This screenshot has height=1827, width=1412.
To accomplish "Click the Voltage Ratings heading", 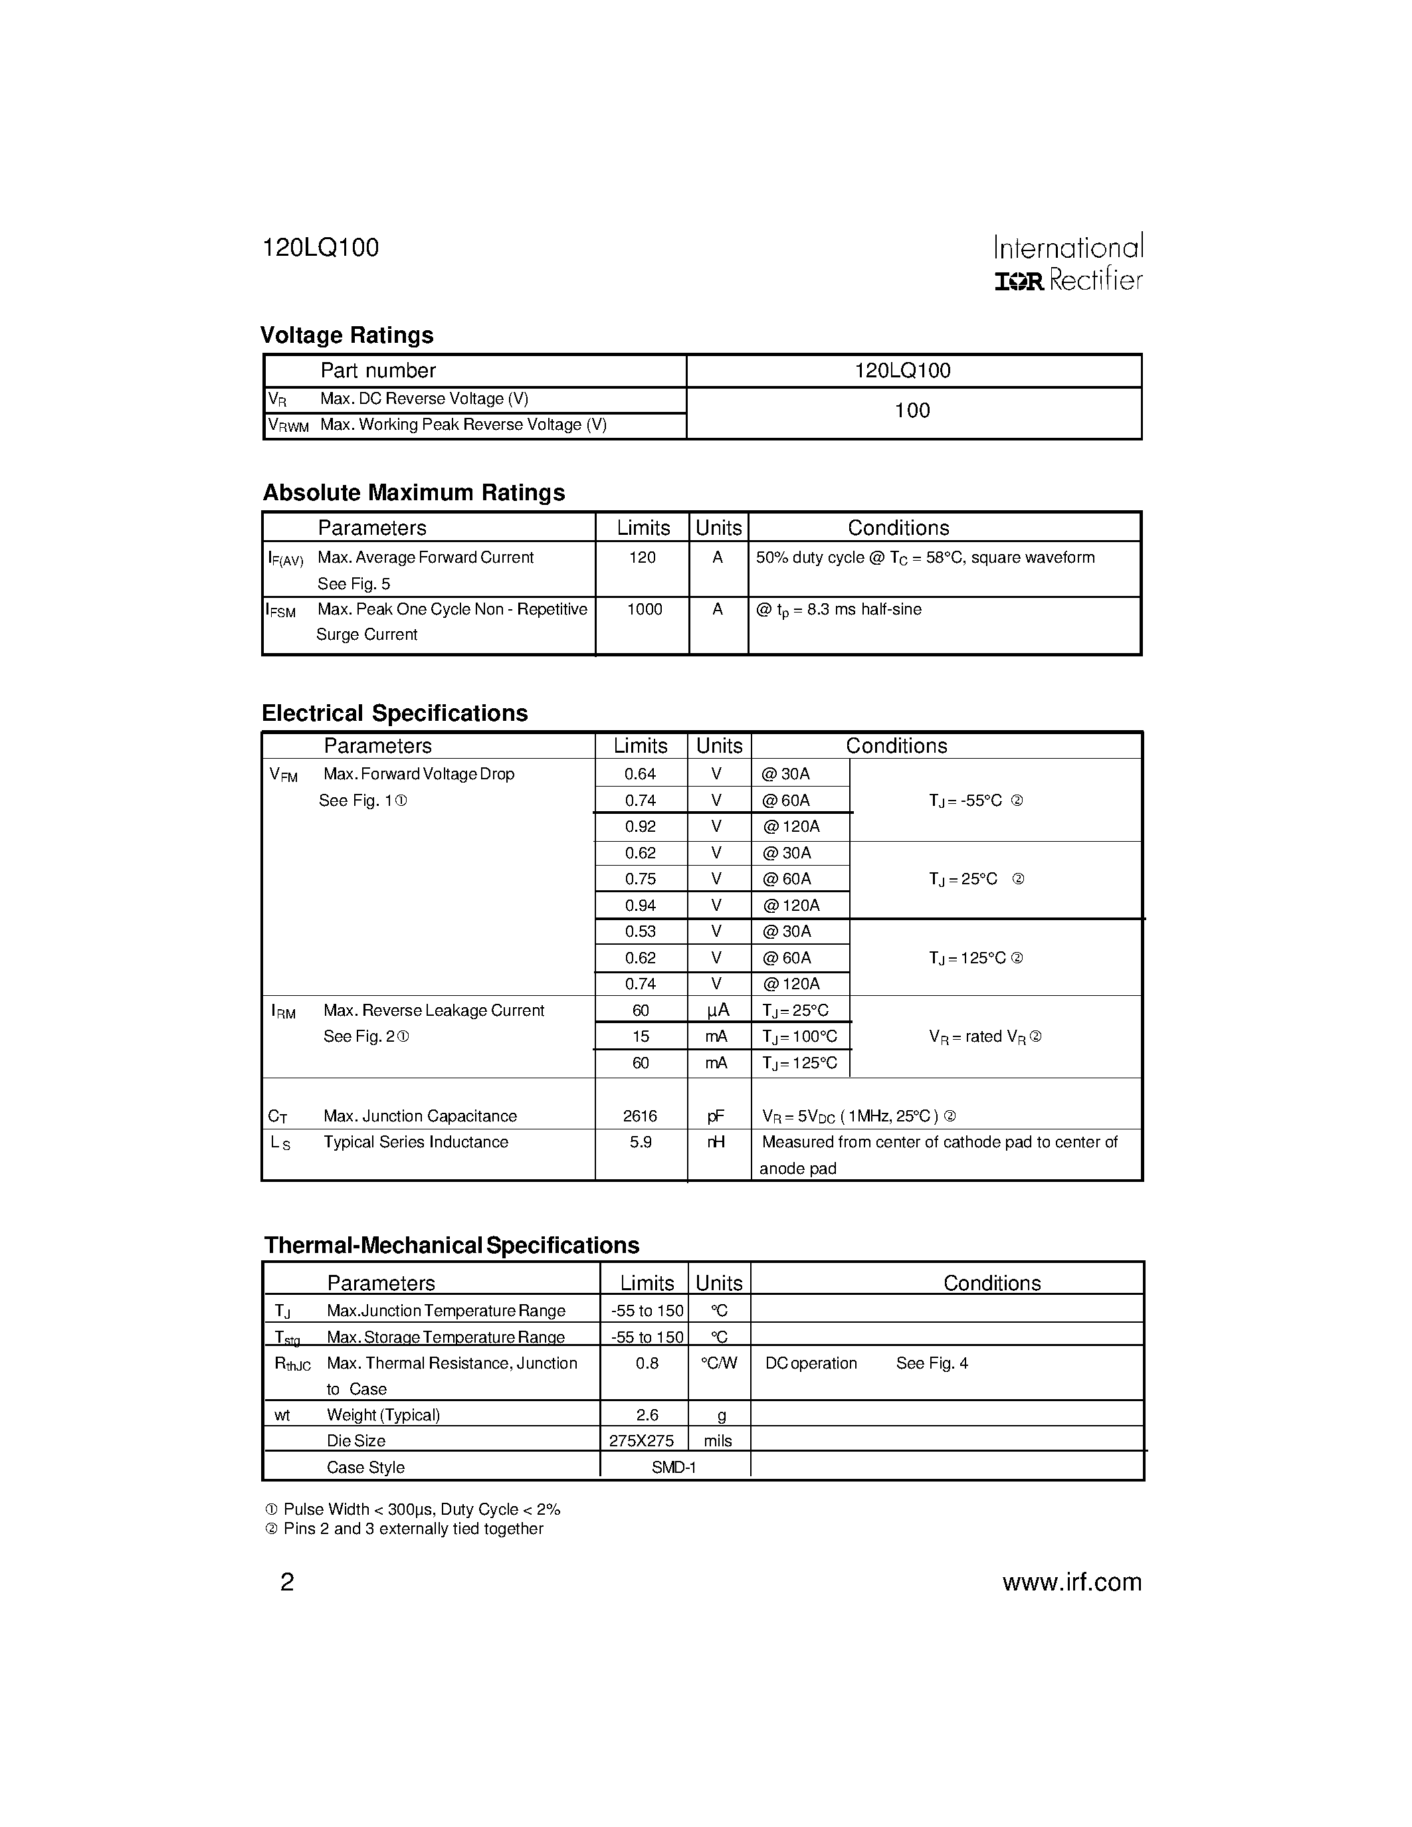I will [346, 336].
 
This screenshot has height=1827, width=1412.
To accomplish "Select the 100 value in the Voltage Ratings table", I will [912, 411].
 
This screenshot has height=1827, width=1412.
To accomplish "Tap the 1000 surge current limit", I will [644, 610].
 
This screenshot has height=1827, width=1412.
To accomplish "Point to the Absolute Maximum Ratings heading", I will [414, 493].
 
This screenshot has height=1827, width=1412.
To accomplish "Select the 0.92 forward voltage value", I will [640, 826].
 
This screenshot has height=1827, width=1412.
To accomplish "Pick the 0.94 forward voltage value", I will [640, 905].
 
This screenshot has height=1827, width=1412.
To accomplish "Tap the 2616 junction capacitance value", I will [640, 1116].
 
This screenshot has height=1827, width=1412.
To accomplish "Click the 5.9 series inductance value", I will [640, 1142].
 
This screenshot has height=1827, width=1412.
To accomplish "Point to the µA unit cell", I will [718, 1010].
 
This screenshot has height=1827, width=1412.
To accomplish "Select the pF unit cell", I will [716, 1116].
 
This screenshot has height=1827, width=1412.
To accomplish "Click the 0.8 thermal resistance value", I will [647, 1363].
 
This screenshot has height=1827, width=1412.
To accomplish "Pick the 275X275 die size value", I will [642, 1440].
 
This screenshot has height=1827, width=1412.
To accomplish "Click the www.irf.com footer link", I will [1072, 1582].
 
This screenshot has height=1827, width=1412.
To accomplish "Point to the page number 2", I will [287, 1582].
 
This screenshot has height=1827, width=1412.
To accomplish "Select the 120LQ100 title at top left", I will [320, 248].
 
